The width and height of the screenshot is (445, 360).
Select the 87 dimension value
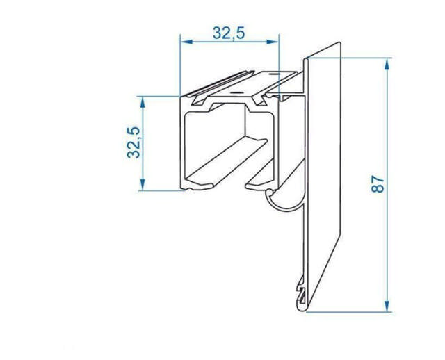click(x=378, y=184)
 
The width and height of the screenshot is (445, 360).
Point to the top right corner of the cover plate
click(x=343, y=42)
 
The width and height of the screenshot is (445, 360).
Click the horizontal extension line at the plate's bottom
click(x=348, y=311)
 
